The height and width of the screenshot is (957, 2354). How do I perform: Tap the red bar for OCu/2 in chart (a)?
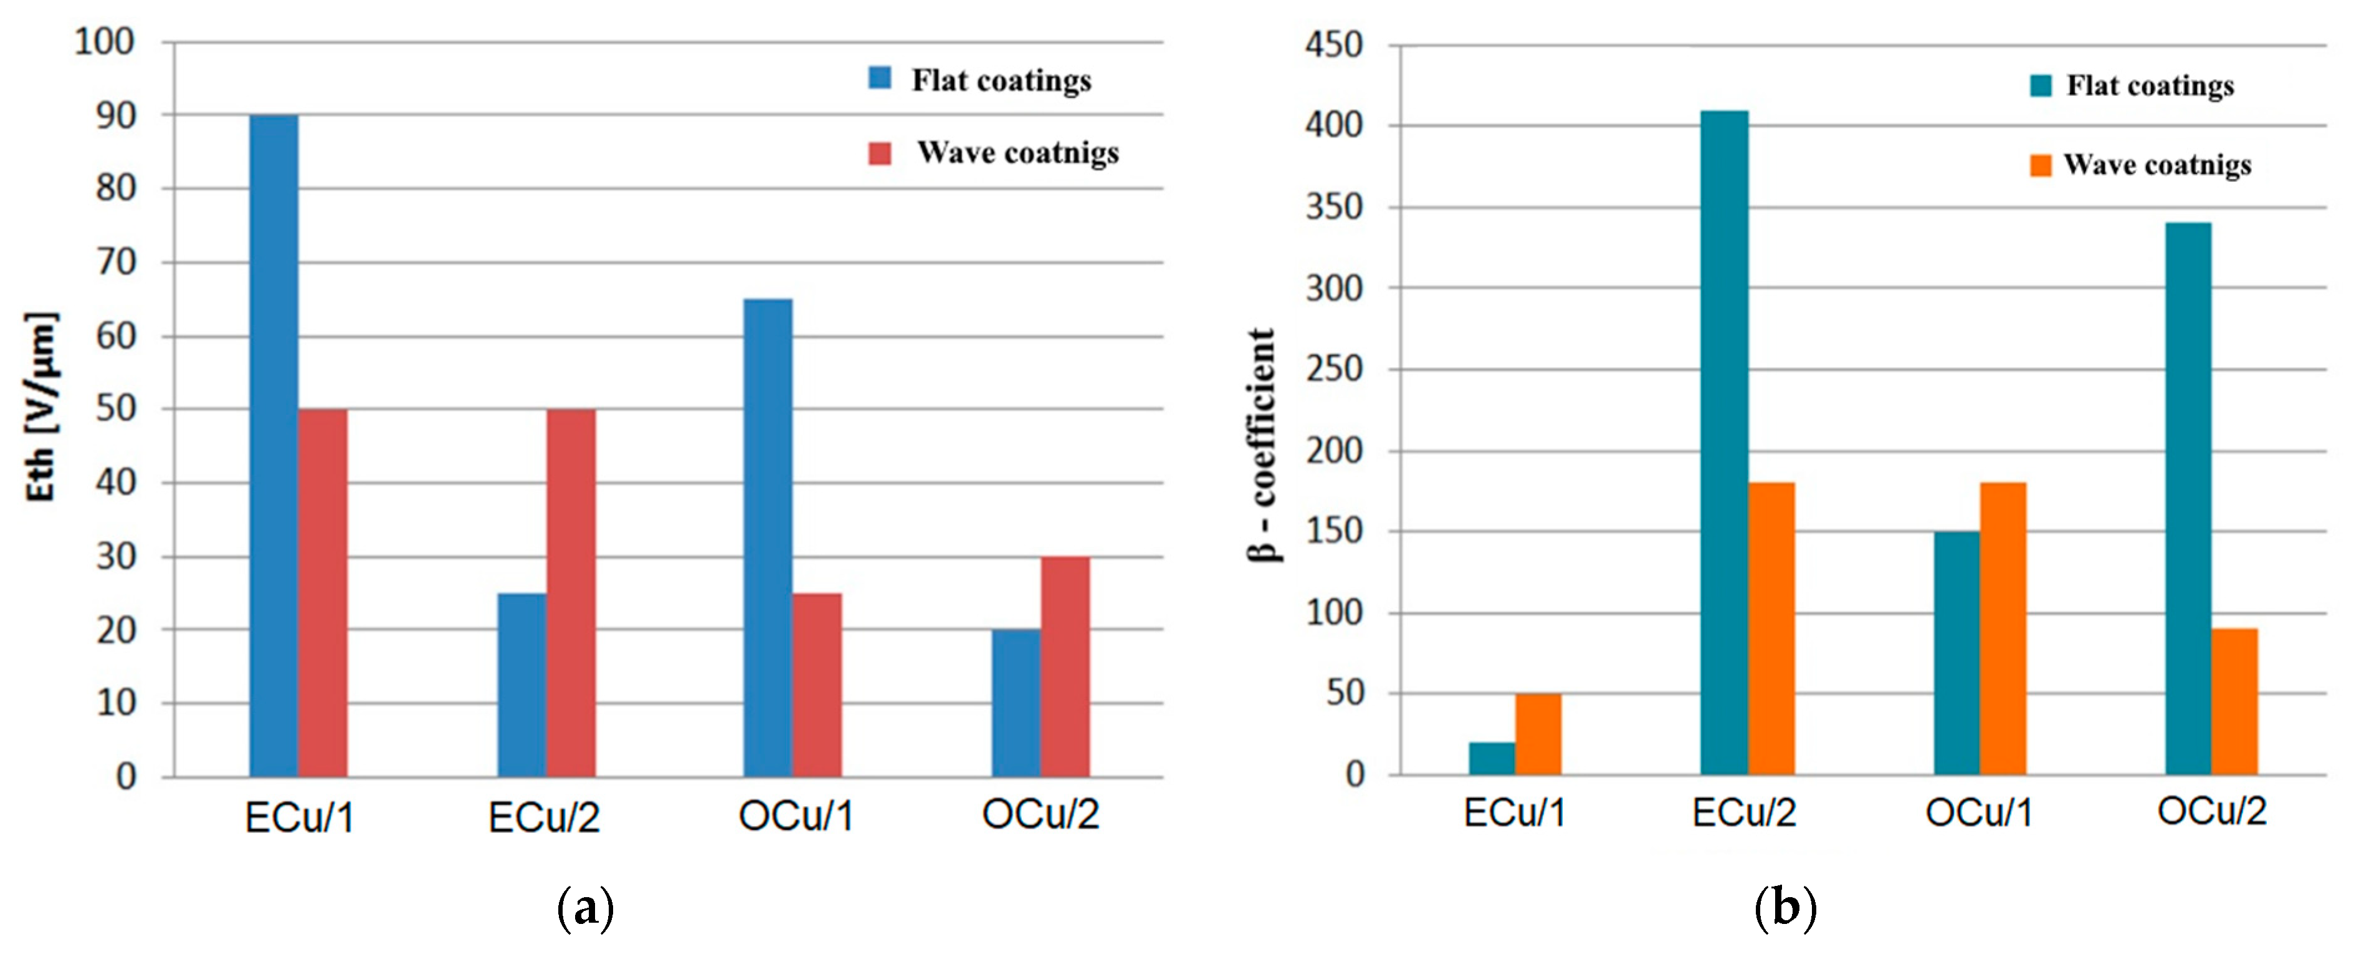point(1065,666)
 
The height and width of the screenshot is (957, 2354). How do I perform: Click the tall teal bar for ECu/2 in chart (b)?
point(1725,443)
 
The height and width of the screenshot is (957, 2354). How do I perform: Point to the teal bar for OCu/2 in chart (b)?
point(2189,498)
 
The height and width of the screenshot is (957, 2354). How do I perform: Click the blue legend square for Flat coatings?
point(879,78)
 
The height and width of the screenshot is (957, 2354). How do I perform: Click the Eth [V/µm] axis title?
point(41,406)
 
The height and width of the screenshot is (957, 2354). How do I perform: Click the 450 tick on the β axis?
point(1333,45)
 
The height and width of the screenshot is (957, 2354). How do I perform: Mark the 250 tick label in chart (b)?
point(1333,369)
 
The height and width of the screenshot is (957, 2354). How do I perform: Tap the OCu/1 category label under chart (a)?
point(795,815)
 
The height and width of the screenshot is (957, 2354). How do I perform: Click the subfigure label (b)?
point(1785,908)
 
